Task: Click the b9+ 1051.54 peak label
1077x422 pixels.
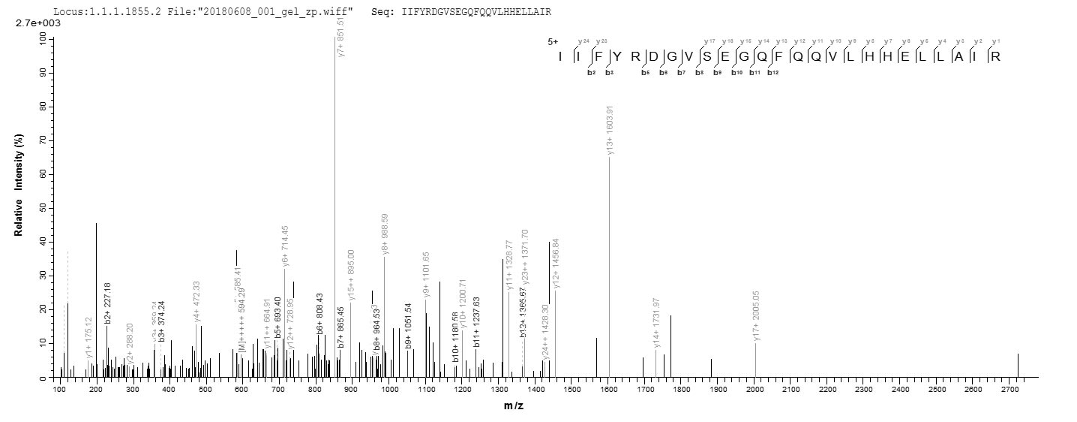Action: pos(409,325)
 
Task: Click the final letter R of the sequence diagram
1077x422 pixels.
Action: pos(995,57)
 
